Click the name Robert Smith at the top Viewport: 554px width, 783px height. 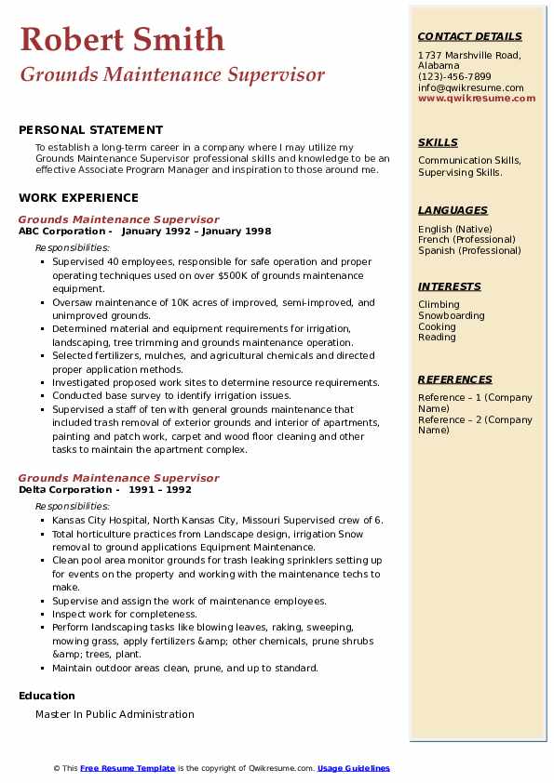122,39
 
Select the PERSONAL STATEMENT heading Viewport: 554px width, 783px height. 90,130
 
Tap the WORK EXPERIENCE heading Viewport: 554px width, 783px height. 78,197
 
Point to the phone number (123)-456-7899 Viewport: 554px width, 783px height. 454,77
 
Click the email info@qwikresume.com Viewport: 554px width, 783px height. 470,88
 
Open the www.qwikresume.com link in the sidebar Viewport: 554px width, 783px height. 477,99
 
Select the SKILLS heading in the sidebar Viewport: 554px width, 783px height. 438,142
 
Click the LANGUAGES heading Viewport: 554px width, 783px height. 453,210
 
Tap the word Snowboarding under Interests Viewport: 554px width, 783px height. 452,315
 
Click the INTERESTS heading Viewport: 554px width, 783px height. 450,286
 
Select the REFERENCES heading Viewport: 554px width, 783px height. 455,379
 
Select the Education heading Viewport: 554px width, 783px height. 47,696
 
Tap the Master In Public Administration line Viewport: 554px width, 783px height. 115,714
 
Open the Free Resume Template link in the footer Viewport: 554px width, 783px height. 128,768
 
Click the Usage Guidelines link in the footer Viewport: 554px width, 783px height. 353,768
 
